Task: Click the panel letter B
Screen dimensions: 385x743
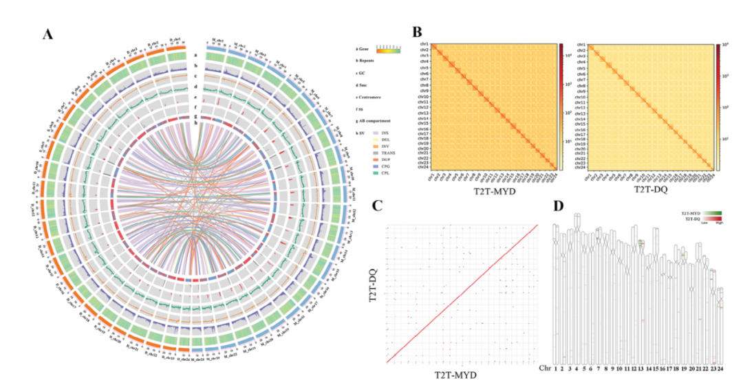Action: [418, 32]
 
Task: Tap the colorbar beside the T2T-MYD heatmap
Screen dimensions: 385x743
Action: [561, 107]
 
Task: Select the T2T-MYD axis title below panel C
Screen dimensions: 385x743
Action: [455, 375]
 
